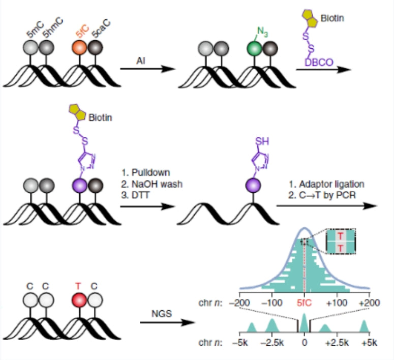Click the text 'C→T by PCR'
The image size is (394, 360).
click(323, 193)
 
